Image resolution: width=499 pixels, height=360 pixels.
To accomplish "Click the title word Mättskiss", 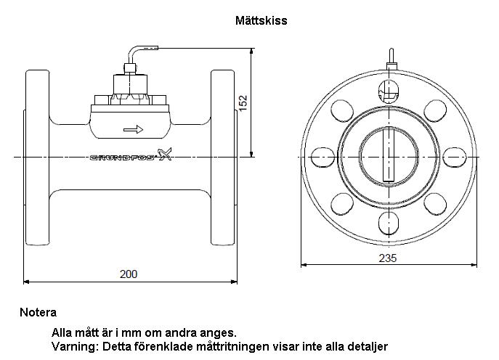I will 261,21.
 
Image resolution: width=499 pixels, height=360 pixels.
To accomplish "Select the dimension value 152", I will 244,102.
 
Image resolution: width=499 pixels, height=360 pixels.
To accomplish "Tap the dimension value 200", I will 128,274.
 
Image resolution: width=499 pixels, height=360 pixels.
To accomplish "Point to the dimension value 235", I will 388,258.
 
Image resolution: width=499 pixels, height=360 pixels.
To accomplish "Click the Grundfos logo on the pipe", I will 131,155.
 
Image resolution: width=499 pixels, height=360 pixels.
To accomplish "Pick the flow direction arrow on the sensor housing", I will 134,130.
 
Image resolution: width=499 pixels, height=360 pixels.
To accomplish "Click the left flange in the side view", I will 37,156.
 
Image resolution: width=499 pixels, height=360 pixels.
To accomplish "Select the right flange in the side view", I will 224,156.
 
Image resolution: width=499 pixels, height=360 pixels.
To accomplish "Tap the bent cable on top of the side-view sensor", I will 139,52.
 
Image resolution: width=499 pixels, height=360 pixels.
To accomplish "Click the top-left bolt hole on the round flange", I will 341,111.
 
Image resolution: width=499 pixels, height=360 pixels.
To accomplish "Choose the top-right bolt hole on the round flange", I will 435,111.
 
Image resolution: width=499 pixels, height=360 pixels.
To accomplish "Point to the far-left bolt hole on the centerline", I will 320,157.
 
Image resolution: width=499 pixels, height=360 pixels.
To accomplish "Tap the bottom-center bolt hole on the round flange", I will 388,221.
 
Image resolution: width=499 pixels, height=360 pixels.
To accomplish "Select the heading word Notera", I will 38,313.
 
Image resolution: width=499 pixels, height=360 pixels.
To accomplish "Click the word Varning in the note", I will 70,345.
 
